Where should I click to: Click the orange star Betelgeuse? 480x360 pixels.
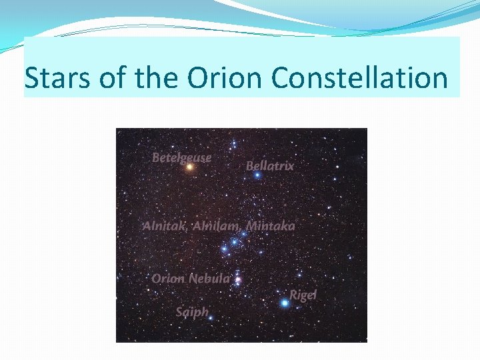click(189, 167)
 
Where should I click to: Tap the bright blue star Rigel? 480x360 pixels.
click(285, 303)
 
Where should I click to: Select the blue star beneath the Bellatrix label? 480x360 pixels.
click(257, 175)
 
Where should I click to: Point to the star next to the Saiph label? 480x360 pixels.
click(211, 318)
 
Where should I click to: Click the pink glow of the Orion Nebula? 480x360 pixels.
click(238, 280)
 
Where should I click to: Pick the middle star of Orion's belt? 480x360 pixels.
click(234, 241)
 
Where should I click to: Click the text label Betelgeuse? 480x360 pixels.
click(181, 157)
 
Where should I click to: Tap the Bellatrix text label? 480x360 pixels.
click(270, 165)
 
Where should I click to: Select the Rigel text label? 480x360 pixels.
click(303, 295)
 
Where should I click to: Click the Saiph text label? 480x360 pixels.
click(192, 311)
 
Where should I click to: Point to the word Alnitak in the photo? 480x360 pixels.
click(164, 226)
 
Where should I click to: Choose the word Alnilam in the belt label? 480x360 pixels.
click(217, 226)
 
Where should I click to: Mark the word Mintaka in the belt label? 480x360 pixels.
click(271, 226)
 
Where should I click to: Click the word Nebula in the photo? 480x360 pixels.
click(209, 278)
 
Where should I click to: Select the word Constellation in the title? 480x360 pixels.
click(359, 78)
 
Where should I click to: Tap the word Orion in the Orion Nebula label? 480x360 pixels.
click(167, 278)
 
